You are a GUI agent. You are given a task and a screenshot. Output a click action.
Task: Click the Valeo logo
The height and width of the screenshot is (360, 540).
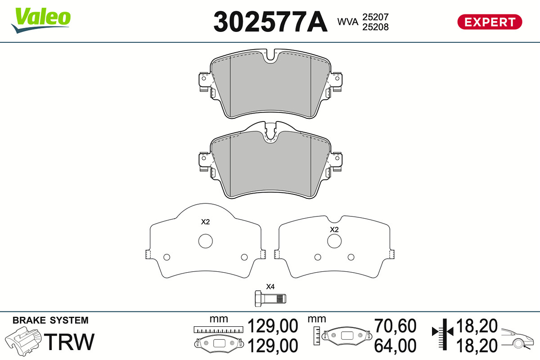(41, 20)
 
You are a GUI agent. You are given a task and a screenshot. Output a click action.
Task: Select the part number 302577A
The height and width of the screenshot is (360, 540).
(270, 22)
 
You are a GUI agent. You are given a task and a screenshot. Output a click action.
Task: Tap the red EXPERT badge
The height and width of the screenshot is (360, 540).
(490, 22)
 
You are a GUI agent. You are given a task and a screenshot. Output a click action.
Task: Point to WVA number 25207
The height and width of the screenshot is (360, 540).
(376, 17)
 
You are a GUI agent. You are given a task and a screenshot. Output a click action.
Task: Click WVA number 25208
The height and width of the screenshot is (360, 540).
(376, 27)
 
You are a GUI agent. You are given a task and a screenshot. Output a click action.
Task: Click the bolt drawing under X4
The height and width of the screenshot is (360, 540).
(270, 298)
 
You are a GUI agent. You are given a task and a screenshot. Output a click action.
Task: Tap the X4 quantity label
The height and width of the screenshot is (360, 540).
(270, 287)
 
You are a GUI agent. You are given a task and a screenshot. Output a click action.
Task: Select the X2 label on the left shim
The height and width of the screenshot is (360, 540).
(205, 221)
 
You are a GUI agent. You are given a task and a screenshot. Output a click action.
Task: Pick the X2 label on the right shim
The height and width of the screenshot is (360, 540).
(334, 229)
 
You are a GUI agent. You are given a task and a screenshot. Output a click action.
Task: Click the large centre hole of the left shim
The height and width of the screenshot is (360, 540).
(205, 241)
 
